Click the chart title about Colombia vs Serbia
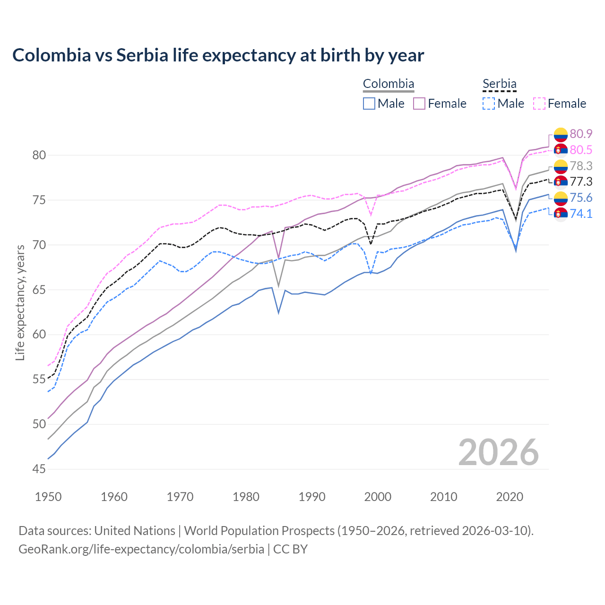point(218,55)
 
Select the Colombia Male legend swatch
point(369,104)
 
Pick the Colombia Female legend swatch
point(419,104)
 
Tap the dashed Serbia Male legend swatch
point(489,104)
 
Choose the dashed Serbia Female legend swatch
point(539,104)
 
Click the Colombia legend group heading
point(389,84)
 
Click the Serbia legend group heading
point(499,84)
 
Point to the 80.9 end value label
point(581,134)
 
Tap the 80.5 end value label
point(581,150)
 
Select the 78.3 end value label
point(581,166)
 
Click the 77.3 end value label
point(581,182)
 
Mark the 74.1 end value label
point(581,214)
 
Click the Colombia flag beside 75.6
point(561,198)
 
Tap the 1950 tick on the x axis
point(48,497)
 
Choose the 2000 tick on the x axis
point(378,497)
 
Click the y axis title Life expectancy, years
point(20,302)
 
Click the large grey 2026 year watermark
point(498,452)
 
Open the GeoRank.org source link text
point(141,549)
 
